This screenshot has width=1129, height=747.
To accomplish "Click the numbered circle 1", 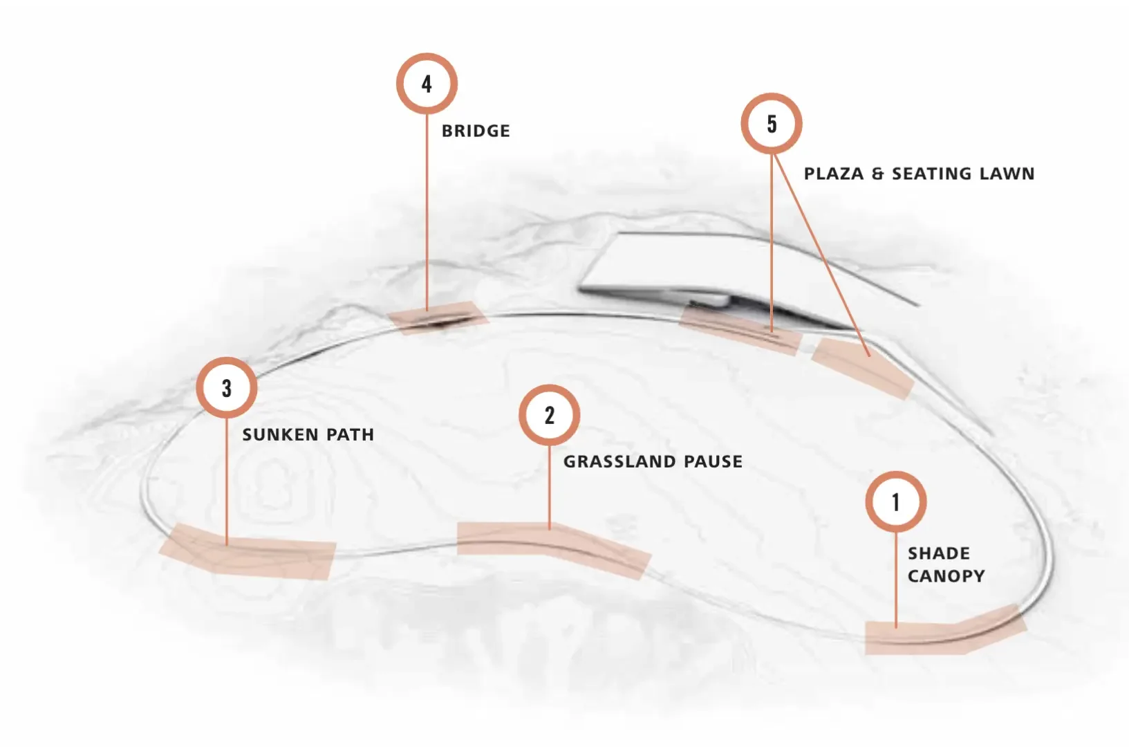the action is tap(896, 501).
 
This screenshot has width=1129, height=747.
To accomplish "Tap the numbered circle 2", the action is tap(550, 415).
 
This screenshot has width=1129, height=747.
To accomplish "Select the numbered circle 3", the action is tap(227, 388).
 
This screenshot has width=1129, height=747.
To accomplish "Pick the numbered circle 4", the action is tap(427, 84).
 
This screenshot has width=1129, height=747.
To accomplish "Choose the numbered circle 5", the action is tap(772, 124).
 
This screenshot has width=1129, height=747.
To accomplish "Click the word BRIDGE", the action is tap(476, 131).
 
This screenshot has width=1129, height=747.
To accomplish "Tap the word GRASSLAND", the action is tap(620, 461).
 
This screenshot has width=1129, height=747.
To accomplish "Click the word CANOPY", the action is tap(946, 575).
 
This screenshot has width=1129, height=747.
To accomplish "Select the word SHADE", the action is tap(938, 553).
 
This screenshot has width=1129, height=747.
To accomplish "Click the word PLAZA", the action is tap(834, 174).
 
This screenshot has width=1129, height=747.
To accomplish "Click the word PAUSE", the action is tap(713, 461).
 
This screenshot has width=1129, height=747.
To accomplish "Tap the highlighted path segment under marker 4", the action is tap(438, 318).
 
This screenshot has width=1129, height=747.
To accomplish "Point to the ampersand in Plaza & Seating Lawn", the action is tap(877, 174).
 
